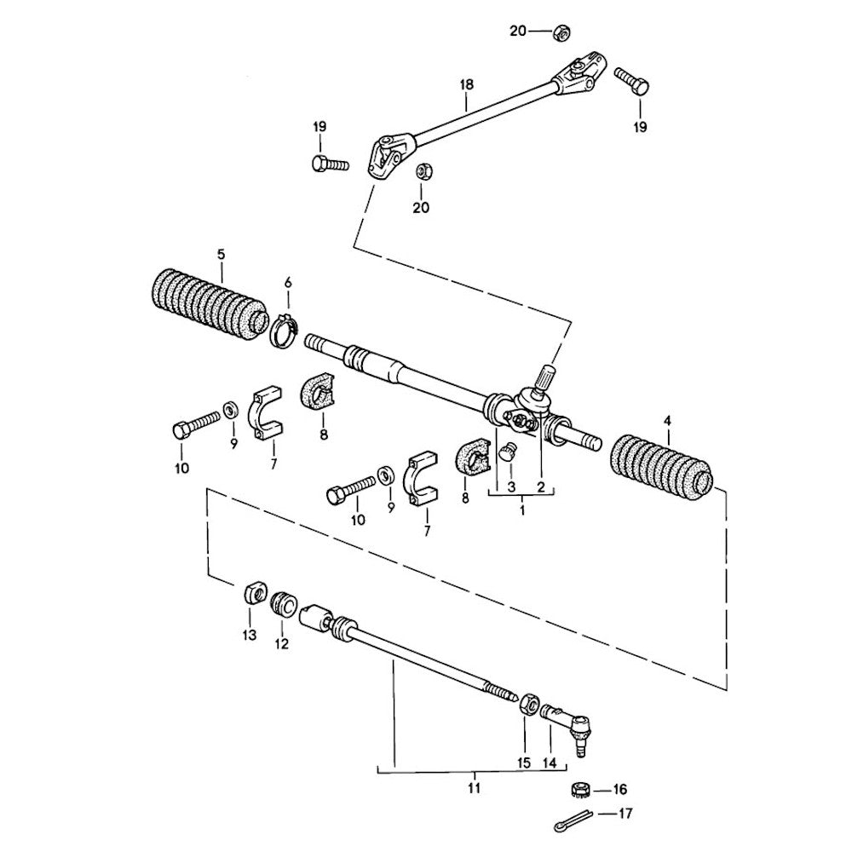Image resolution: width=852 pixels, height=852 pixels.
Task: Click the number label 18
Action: pyautogui.click(x=465, y=85)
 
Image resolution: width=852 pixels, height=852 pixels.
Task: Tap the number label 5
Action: pyautogui.click(x=221, y=254)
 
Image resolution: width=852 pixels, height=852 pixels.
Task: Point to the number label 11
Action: pyautogui.click(x=475, y=787)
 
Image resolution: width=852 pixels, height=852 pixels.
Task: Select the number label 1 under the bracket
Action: pyautogui.click(x=521, y=509)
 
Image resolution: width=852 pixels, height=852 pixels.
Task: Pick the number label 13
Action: pyautogui.click(x=249, y=636)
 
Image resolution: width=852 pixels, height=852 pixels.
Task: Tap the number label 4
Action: pyautogui.click(x=667, y=421)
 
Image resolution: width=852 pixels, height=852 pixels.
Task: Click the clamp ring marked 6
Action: pyautogui.click(x=285, y=331)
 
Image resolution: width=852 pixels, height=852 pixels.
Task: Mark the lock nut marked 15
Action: pyautogui.click(x=528, y=705)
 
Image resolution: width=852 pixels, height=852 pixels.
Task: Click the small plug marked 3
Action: pyautogui.click(x=508, y=452)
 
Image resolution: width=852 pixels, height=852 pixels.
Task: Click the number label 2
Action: pyautogui.click(x=539, y=486)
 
